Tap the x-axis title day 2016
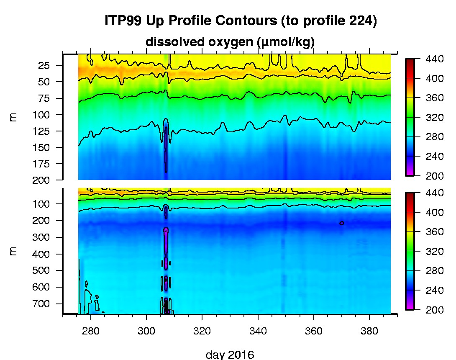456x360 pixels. pyautogui.click(x=230, y=355)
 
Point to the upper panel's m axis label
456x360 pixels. pyautogui.click(x=13, y=117)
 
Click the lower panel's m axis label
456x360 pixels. pyautogui.click(x=13, y=251)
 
